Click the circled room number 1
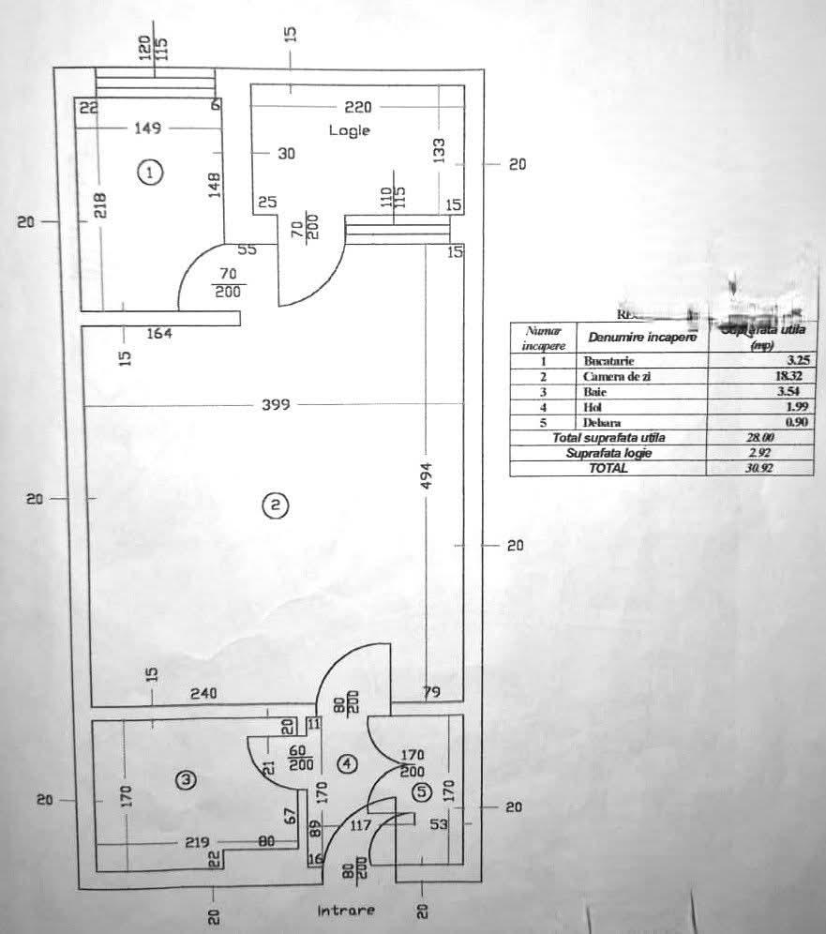pyautogui.click(x=150, y=172)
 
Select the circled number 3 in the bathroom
pyautogui.click(x=188, y=779)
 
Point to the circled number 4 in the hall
pyautogui.click(x=348, y=764)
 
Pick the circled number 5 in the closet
pyautogui.click(x=422, y=792)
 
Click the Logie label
pyautogui.click(x=349, y=130)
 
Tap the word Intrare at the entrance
pyautogui.click(x=346, y=911)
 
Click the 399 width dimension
pyautogui.click(x=276, y=405)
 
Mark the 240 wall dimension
pyautogui.click(x=203, y=695)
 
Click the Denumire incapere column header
pyautogui.click(x=642, y=337)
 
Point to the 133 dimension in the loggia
pyautogui.click(x=439, y=148)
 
